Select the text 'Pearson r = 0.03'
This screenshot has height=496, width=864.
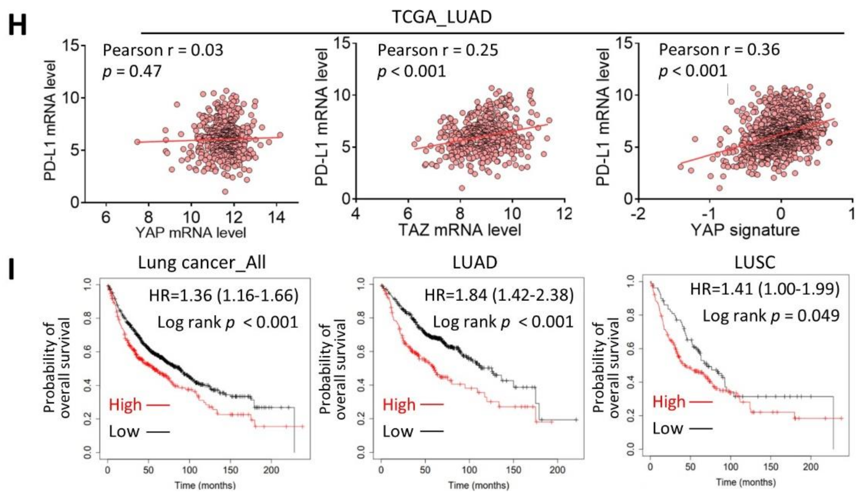163,51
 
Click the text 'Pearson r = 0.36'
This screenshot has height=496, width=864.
719,50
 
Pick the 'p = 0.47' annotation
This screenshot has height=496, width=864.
132,71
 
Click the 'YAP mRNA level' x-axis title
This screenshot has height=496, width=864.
191,233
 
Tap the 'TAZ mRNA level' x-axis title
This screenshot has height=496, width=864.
460,230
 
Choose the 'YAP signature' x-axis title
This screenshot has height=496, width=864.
745,230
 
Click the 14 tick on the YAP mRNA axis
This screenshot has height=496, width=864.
276,217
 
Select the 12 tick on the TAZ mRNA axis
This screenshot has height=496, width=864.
564,214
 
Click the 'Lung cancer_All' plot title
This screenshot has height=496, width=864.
202,263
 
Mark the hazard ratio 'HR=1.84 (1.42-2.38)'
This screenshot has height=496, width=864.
499,295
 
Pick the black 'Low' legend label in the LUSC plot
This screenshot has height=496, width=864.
667,428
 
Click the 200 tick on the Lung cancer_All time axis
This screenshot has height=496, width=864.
271,470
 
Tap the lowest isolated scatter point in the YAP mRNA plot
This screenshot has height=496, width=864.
225,191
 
